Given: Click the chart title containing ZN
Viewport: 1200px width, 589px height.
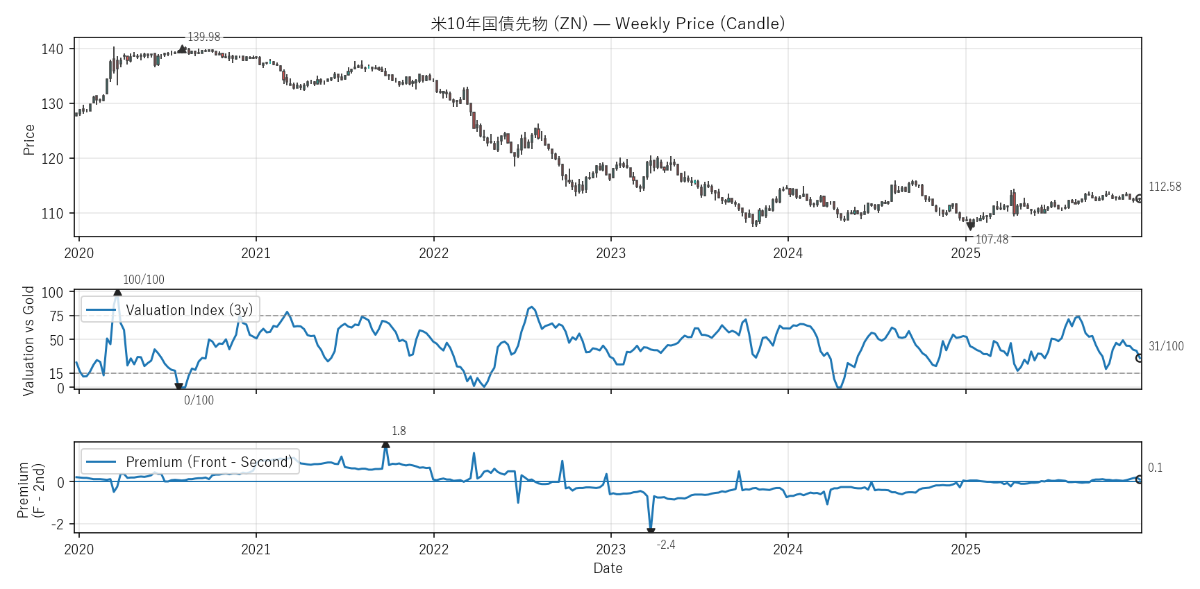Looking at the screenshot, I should click(x=608, y=24).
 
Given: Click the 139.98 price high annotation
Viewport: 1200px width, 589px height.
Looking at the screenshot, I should click(x=203, y=37).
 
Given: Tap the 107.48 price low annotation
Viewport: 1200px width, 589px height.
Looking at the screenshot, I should click(x=992, y=239).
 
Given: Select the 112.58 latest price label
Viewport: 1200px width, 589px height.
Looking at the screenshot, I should click(x=1165, y=187).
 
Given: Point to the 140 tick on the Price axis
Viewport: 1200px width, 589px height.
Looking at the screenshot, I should click(x=52, y=49).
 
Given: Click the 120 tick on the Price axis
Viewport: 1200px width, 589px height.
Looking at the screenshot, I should click(x=52, y=159).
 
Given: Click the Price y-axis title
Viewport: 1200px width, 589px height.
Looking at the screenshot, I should click(x=29, y=139).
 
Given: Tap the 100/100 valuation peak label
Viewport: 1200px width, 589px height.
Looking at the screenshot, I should click(x=144, y=280).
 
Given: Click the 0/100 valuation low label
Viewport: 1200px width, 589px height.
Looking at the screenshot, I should click(x=199, y=400).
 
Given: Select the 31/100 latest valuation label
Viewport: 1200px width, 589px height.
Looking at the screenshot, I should click(x=1166, y=346).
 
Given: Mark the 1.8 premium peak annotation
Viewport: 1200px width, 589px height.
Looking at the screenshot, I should click(x=399, y=431).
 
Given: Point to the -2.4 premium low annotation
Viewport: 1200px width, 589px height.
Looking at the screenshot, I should click(x=666, y=545).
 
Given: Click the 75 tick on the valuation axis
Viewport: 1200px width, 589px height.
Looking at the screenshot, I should click(x=56, y=316).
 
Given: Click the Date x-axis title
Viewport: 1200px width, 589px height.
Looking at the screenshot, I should click(x=608, y=568).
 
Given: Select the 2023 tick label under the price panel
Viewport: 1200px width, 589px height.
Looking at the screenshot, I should click(x=610, y=253).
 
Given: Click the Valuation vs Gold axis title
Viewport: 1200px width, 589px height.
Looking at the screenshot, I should click(x=29, y=341).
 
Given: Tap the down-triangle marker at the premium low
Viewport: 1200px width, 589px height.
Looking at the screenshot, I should click(x=651, y=531).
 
